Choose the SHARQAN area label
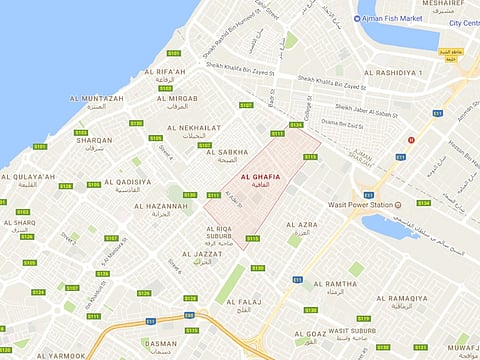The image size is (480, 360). pyautogui.click(x=94, y=140)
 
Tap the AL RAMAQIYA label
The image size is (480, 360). pyautogui.click(x=407, y=298)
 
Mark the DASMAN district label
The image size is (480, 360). pyautogui.click(x=161, y=343)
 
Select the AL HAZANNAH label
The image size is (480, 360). pyautogui.click(x=160, y=206)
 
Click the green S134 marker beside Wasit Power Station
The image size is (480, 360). pyautogui.click(x=423, y=202)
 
